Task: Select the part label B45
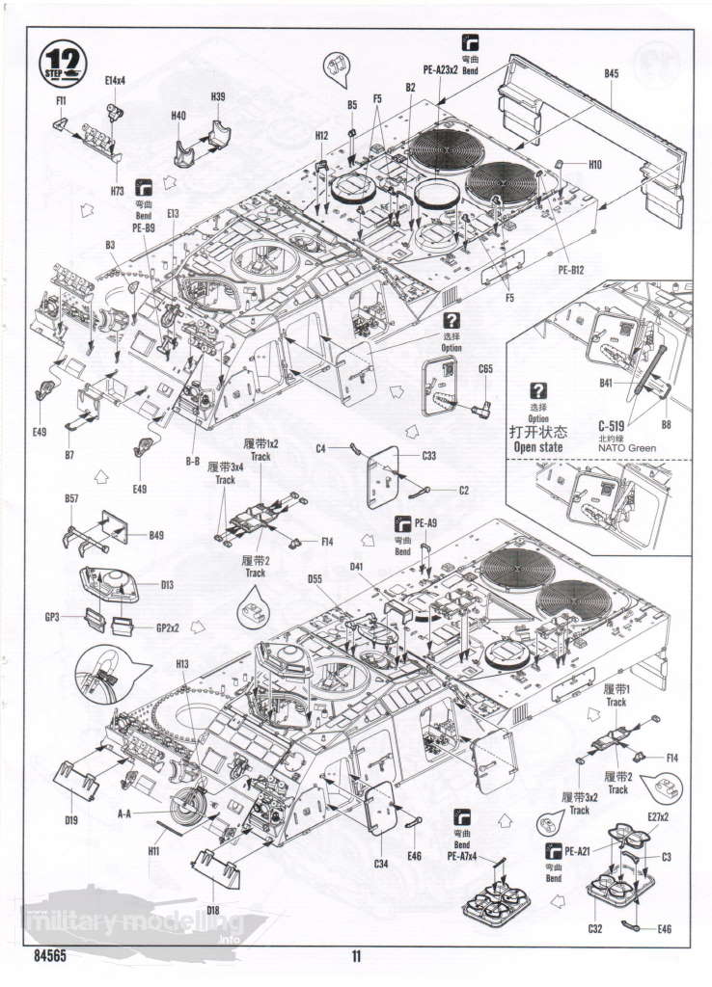612,73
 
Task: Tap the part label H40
178,116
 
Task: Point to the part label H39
217,96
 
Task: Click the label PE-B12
571,270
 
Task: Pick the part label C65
485,368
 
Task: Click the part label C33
430,455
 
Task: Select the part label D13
167,584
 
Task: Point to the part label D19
71,819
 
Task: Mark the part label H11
154,850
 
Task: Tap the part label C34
381,863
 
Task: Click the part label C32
596,929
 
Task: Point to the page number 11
356,957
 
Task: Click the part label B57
71,498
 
